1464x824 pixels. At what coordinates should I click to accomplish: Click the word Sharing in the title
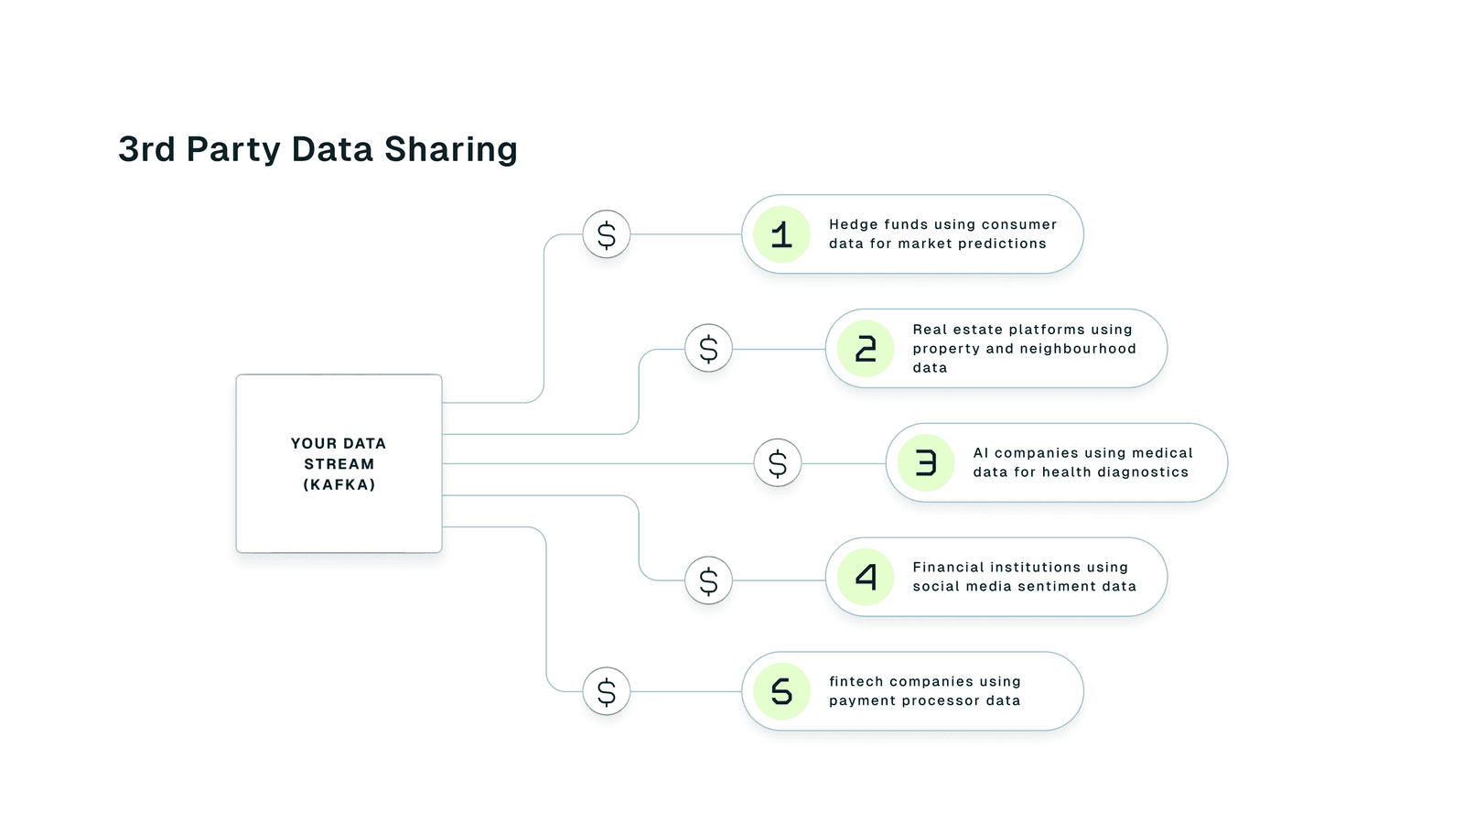(x=450, y=150)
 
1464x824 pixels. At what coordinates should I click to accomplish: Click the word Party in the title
(x=232, y=150)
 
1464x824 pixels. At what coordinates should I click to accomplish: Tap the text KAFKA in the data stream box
(x=339, y=485)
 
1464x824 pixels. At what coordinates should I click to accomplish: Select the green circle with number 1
(x=781, y=235)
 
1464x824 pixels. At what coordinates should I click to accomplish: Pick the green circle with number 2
(x=866, y=349)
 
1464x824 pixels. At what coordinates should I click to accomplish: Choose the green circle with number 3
(x=926, y=463)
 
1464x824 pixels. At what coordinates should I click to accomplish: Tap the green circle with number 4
(x=866, y=577)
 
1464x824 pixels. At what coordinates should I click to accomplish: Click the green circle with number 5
(x=781, y=691)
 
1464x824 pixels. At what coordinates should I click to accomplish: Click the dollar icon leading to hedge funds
(x=607, y=235)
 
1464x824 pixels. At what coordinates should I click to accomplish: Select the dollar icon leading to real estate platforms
(x=708, y=349)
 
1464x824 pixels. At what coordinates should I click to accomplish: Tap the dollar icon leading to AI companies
(x=778, y=463)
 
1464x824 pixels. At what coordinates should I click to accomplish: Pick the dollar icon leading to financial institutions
(x=708, y=580)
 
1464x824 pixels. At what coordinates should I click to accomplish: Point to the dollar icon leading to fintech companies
(x=607, y=691)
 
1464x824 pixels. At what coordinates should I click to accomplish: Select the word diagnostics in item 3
(x=1143, y=472)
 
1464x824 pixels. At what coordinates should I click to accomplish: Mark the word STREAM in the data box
(x=339, y=464)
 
